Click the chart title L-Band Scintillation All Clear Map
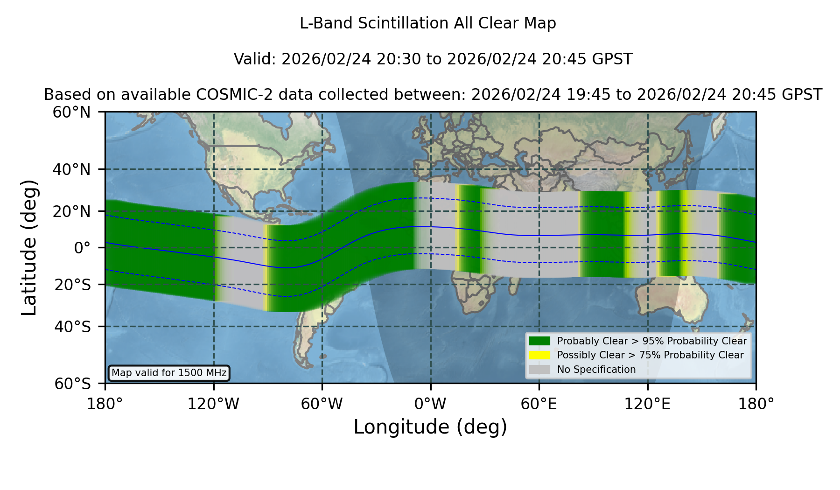(427, 23)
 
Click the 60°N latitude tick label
(72, 112)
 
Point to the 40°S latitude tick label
(73, 327)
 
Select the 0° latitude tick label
(83, 248)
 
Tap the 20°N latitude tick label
(72, 211)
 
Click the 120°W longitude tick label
(213, 404)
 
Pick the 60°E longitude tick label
(539, 404)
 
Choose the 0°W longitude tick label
(430, 404)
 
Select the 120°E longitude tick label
(647, 404)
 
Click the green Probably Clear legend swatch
(540, 341)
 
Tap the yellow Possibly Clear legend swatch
(540, 355)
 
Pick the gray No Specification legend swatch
(540, 370)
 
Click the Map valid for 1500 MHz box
(169, 373)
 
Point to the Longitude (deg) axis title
(430, 427)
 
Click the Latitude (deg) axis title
(29, 248)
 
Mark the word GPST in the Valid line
(612, 59)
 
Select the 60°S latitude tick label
(73, 384)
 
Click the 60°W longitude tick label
(322, 404)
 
